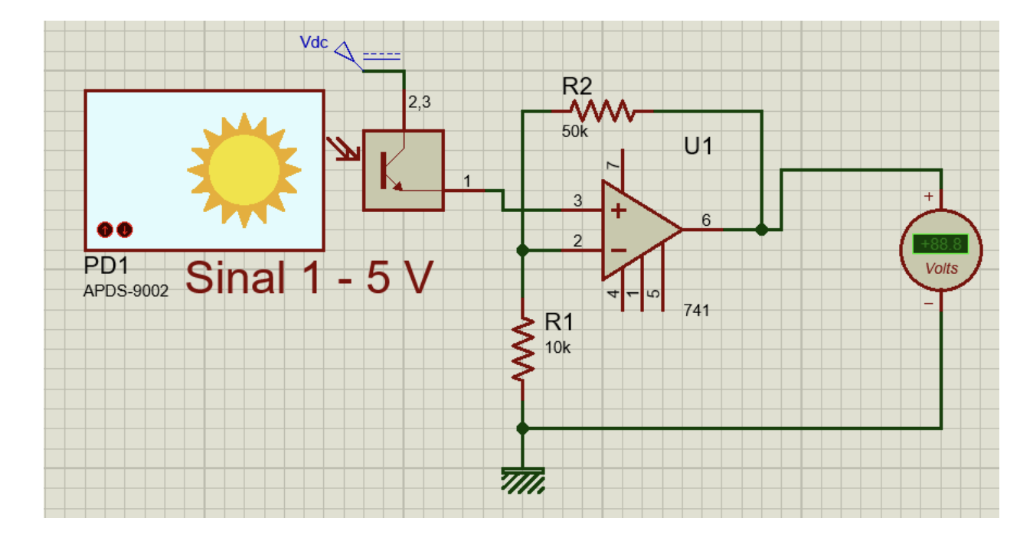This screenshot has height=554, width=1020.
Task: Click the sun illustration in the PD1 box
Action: (x=244, y=170)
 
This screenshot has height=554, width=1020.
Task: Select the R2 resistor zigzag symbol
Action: (x=603, y=112)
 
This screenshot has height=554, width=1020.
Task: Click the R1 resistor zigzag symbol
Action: (x=523, y=350)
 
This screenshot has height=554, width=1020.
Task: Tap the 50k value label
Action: (x=574, y=132)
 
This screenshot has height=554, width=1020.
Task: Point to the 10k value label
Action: (x=557, y=347)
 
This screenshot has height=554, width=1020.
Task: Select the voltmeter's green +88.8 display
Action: (x=940, y=245)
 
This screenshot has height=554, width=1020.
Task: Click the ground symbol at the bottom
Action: (x=522, y=479)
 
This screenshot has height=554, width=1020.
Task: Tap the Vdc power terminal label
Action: (x=314, y=43)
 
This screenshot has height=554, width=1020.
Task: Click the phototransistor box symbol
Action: (x=403, y=170)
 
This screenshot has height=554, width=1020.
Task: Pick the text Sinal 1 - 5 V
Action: (x=309, y=277)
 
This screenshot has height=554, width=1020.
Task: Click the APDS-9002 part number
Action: (x=126, y=292)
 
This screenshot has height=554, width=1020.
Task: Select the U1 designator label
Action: (x=698, y=146)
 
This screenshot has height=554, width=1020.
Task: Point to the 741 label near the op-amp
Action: (x=697, y=311)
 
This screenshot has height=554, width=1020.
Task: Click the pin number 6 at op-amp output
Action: (x=706, y=220)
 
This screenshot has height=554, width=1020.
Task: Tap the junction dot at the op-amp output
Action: (x=761, y=230)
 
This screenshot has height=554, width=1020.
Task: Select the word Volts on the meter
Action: (x=941, y=269)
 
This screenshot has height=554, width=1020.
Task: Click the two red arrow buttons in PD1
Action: (x=115, y=229)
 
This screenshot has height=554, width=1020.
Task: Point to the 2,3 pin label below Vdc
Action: (x=419, y=103)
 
